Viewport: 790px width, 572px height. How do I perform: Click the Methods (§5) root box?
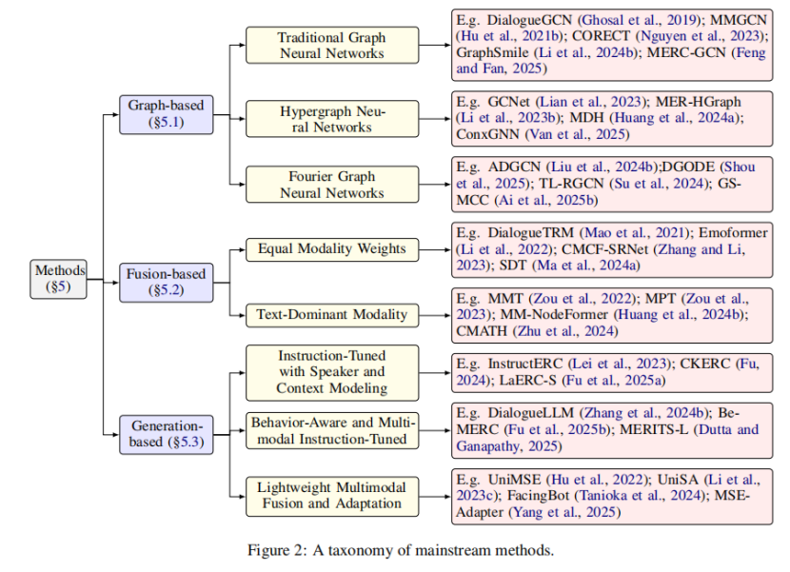[x=60, y=277]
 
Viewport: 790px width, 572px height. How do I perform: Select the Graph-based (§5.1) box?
[x=160, y=112]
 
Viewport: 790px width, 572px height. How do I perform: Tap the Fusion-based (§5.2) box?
[x=160, y=283]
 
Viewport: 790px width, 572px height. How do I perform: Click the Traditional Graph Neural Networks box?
[x=332, y=45]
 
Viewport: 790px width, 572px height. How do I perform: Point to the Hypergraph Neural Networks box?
[x=332, y=119]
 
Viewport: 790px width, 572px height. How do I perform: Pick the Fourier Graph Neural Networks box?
[x=332, y=184]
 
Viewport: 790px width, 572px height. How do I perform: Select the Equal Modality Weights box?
[x=332, y=249]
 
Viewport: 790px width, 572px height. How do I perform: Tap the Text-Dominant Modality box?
[x=332, y=314]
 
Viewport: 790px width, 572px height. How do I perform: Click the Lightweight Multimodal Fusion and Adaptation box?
[x=332, y=495]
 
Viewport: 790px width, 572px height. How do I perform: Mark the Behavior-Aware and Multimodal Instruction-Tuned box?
[x=332, y=430]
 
